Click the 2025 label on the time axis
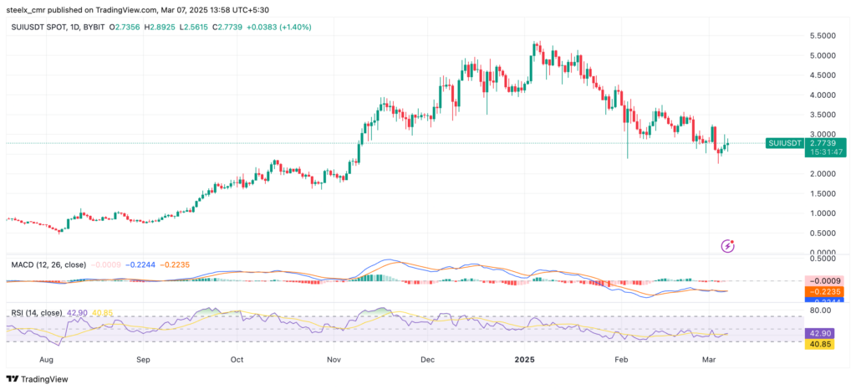click(524, 359)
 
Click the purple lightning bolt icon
click(728, 246)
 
